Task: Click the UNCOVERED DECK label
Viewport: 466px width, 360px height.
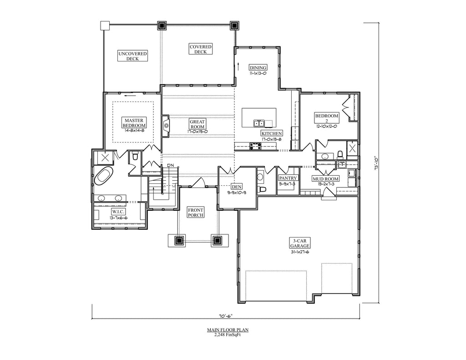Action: pyautogui.click(x=132, y=56)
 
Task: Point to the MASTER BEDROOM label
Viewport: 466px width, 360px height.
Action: pyautogui.click(x=134, y=123)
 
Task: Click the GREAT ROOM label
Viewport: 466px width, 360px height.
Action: pyautogui.click(x=198, y=124)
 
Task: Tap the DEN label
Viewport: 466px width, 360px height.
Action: pyautogui.click(x=237, y=187)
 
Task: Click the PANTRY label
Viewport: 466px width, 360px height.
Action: pyautogui.click(x=288, y=178)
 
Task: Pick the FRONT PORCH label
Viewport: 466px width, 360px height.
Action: pyautogui.click(x=196, y=212)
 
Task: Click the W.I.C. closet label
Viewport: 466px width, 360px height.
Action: pyautogui.click(x=119, y=212)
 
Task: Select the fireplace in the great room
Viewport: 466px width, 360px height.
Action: pyautogui.click(x=165, y=125)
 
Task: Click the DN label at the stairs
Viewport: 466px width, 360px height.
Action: pyautogui.click(x=170, y=165)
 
